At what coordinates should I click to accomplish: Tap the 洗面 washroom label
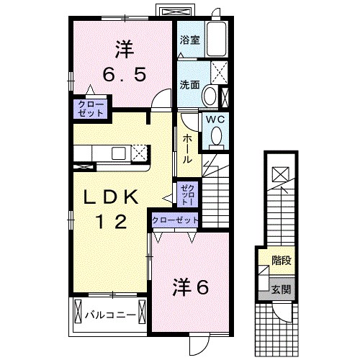[x=190, y=84]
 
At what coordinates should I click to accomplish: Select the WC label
[x=215, y=120]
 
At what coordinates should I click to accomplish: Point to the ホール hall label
[x=187, y=147]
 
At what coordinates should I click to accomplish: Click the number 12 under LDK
[x=113, y=222]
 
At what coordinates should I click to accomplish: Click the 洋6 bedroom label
[x=190, y=287]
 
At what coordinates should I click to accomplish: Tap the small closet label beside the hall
[x=186, y=192]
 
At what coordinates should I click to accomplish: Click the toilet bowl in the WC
[x=215, y=135]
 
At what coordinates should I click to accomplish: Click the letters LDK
[x=113, y=196]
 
